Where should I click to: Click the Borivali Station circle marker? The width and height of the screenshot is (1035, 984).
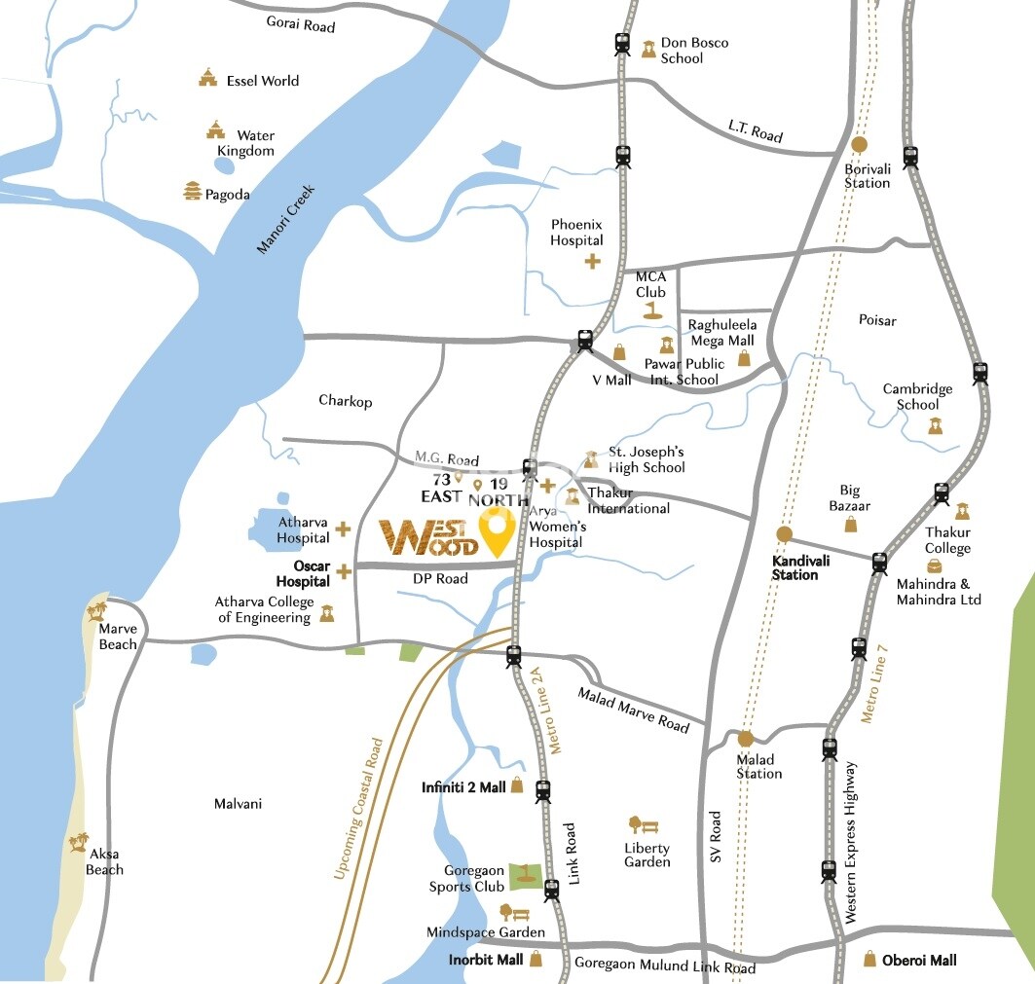click(859, 145)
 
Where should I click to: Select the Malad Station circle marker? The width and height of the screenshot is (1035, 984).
click(746, 739)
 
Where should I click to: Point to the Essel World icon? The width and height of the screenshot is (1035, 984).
click(206, 77)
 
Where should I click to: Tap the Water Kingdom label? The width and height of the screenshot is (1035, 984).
click(255, 143)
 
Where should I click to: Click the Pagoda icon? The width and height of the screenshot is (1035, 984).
click(192, 192)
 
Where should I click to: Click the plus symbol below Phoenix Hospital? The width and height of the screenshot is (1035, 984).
click(592, 261)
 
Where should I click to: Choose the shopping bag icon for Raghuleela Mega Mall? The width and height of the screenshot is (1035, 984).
click(744, 358)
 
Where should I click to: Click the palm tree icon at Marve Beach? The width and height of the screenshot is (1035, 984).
click(95, 612)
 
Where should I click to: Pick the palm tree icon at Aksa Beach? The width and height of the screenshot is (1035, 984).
click(78, 842)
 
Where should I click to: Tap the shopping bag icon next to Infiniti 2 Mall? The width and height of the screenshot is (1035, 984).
click(517, 786)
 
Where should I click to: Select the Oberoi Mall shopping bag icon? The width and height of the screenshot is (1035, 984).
click(870, 960)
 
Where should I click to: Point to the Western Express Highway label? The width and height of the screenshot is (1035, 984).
click(853, 843)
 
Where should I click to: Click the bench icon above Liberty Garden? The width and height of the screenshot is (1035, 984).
click(643, 825)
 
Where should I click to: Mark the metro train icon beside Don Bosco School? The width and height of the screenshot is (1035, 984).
click(622, 44)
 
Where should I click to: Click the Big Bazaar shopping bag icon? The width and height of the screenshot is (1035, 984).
click(851, 525)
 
